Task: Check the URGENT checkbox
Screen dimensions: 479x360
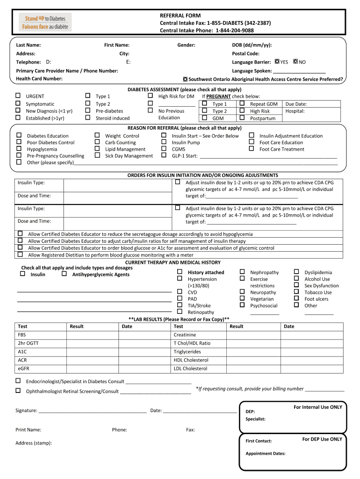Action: [18, 96]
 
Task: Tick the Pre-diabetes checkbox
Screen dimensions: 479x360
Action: [87, 111]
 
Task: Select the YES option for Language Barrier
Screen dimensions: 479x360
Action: [277, 62]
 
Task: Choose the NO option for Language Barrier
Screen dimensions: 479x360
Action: [295, 62]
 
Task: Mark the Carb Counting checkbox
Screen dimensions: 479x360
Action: [97, 142]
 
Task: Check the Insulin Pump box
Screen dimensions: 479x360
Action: [164, 142]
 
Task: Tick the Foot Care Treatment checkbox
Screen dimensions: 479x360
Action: [252, 149]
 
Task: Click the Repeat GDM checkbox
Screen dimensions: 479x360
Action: [242, 103]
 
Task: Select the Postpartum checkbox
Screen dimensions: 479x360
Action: [242, 118]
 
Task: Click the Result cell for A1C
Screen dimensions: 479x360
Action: [93, 352]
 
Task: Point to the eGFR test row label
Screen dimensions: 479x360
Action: [22, 369]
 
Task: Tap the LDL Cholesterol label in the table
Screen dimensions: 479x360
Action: [190, 369]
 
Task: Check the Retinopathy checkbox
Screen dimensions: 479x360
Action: [180, 312]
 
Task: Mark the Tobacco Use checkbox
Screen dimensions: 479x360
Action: [296, 292]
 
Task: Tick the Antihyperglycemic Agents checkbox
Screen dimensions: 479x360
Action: [64, 274]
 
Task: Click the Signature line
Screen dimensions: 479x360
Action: [93, 410]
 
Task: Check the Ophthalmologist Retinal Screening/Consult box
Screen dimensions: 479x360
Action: [18, 390]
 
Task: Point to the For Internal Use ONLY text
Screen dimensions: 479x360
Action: [317, 407]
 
